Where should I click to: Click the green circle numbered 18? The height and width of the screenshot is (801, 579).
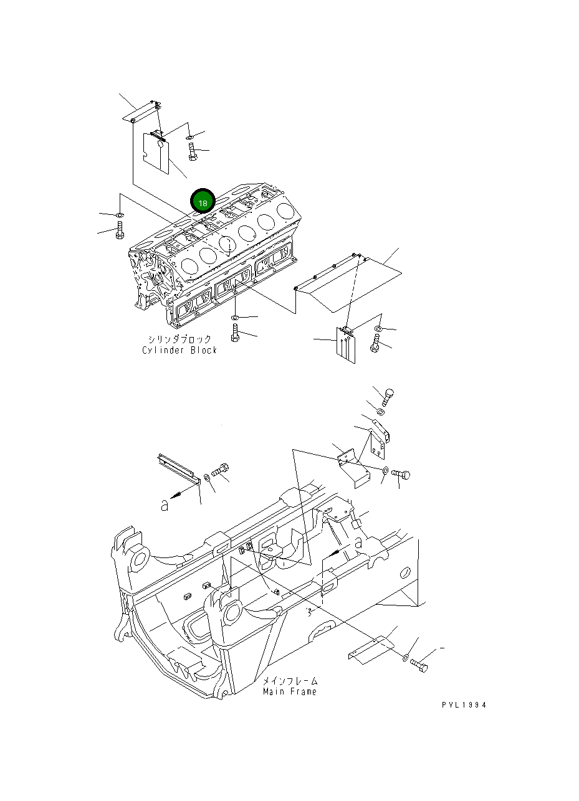click(203, 202)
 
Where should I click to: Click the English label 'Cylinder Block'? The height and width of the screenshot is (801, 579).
click(179, 350)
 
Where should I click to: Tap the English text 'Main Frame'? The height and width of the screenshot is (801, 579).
click(289, 691)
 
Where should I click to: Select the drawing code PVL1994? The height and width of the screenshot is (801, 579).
click(464, 705)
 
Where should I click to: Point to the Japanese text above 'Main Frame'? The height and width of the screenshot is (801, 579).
click(290, 681)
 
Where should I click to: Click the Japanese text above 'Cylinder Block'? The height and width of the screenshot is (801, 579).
click(179, 339)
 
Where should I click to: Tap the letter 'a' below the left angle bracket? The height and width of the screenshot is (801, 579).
click(164, 506)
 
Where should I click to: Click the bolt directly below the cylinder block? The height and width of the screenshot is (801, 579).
click(235, 333)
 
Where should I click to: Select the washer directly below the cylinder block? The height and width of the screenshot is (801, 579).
click(234, 319)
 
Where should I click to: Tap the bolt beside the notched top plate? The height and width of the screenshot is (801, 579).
click(193, 151)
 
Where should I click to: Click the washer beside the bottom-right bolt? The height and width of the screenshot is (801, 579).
click(406, 657)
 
